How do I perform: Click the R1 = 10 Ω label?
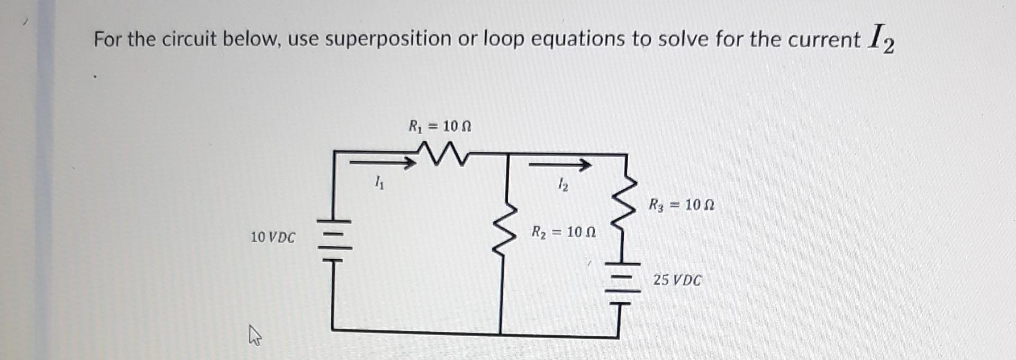pyautogui.click(x=440, y=127)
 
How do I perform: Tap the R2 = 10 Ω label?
pyautogui.click(x=564, y=232)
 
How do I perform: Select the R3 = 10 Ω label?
pyautogui.click(x=682, y=204)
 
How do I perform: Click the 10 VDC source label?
pyautogui.click(x=273, y=237)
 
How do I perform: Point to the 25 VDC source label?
pyautogui.click(x=677, y=280)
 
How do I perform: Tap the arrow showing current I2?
pyautogui.click(x=560, y=166)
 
